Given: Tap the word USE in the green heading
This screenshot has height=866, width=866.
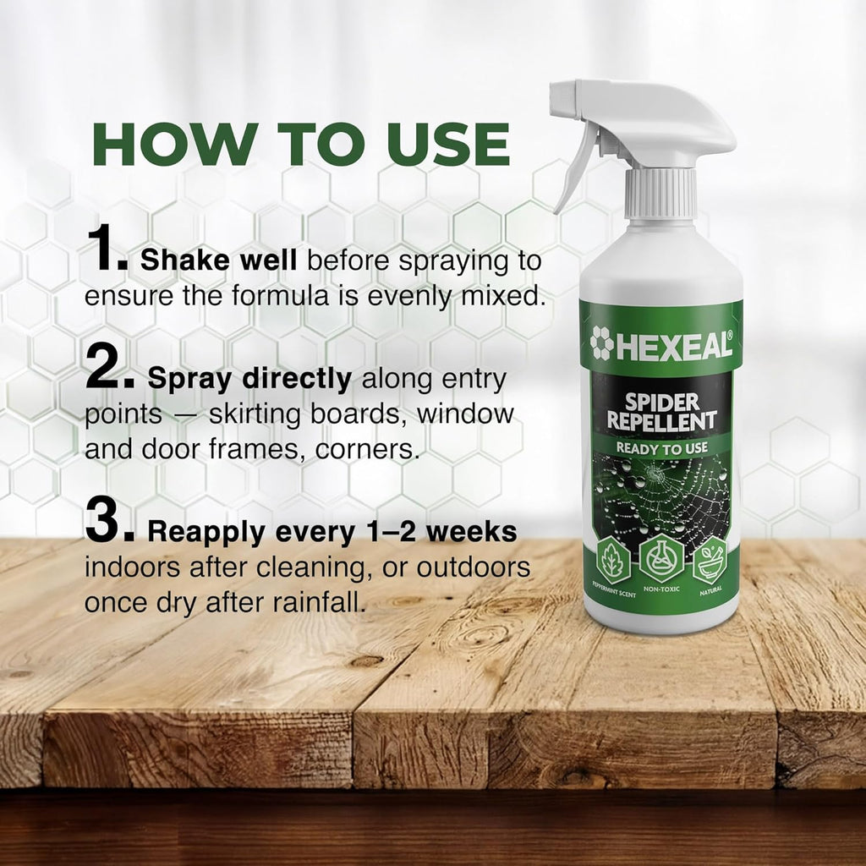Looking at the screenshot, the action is pyautogui.click(x=448, y=144).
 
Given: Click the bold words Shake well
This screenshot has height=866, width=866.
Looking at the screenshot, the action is pyautogui.click(x=219, y=260).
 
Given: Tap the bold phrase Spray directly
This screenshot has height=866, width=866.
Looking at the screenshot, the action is pyautogui.click(x=249, y=379).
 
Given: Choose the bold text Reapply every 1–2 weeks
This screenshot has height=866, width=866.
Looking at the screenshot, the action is pyautogui.click(x=332, y=532).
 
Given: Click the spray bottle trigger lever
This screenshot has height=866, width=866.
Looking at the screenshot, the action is pyautogui.click(x=575, y=166).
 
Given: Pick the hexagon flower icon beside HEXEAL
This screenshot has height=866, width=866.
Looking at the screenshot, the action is pyautogui.click(x=601, y=343).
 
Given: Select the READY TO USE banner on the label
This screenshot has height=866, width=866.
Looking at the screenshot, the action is pyautogui.click(x=661, y=448).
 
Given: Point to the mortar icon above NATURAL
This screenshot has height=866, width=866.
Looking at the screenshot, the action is pyautogui.click(x=710, y=560).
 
